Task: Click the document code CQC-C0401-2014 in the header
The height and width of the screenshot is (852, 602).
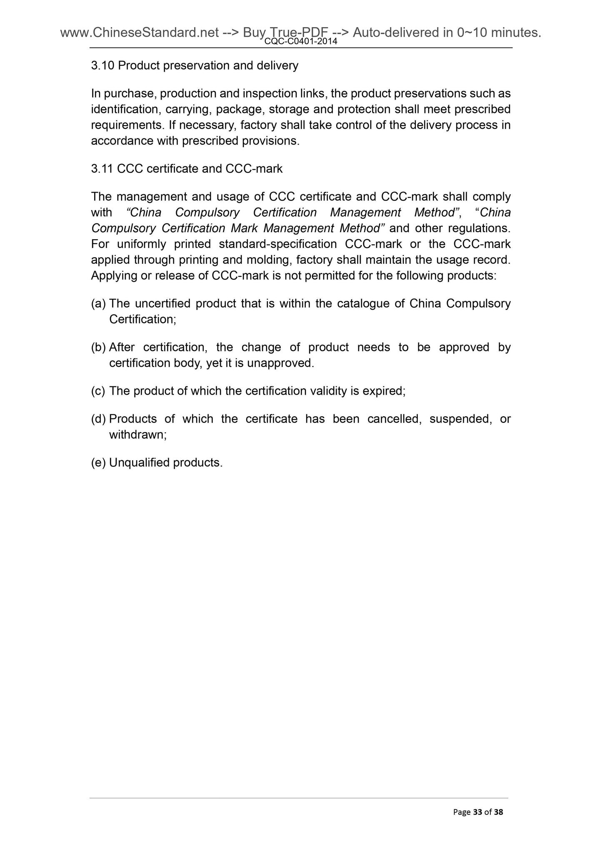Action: [x=300, y=42]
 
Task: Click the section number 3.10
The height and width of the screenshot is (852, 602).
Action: [x=103, y=66]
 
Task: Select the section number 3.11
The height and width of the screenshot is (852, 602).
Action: [x=102, y=169]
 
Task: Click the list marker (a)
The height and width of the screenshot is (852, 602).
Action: [x=98, y=304]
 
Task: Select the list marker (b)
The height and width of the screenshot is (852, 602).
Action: [x=98, y=348]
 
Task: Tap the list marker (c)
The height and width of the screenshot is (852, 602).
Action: [x=98, y=391]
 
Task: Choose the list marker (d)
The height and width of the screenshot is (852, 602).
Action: [x=98, y=419]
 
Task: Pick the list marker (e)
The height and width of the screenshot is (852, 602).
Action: [x=98, y=463]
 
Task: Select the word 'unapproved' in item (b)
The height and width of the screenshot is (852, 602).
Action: [x=280, y=363]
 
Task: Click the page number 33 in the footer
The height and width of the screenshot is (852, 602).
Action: [x=477, y=812]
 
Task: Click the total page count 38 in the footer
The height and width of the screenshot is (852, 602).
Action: [x=499, y=812]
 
